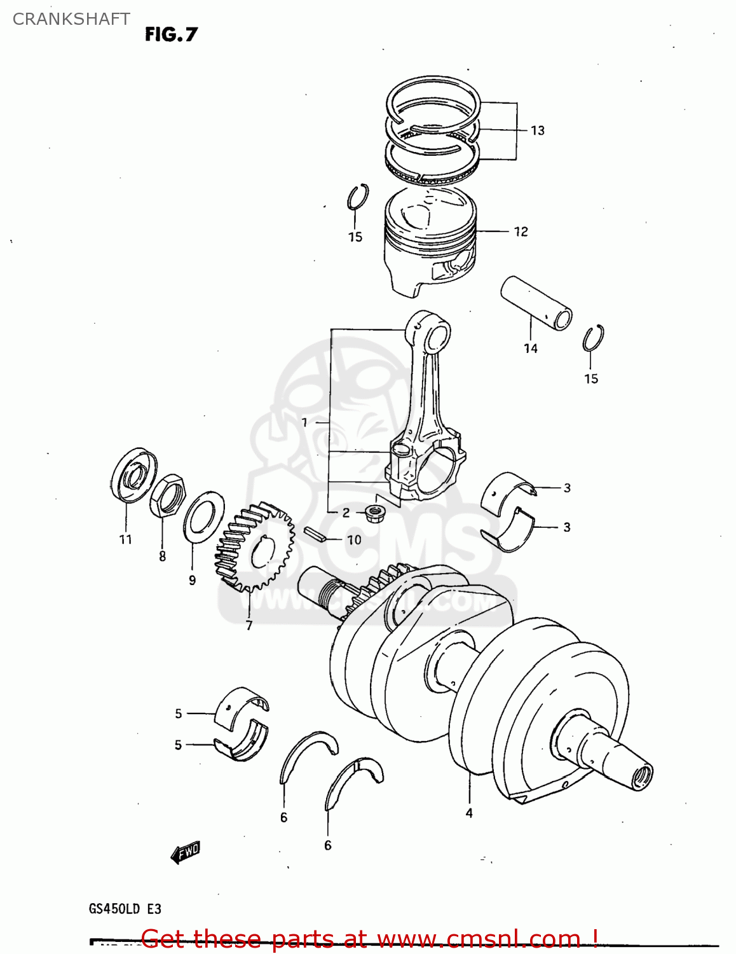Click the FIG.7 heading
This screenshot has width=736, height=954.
point(171,34)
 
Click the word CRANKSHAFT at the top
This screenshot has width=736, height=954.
point(71,19)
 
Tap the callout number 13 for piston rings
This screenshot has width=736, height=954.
point(538,130)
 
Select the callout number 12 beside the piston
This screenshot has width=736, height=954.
point(521,232)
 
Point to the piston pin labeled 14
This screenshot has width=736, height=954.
point(536,302)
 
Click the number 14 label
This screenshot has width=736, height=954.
point(531,349)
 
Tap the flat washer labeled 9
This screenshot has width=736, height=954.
point(203,516)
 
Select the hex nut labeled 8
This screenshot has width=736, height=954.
point(168,496)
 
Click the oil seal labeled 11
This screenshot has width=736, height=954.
point(133,474)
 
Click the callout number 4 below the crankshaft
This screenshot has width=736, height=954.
point(469,813)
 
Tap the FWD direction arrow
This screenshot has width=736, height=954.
point(186,852)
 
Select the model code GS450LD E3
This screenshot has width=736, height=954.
point(125,909)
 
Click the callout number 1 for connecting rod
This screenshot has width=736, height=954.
point(304,422)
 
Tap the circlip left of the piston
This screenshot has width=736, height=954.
point(358,198)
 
